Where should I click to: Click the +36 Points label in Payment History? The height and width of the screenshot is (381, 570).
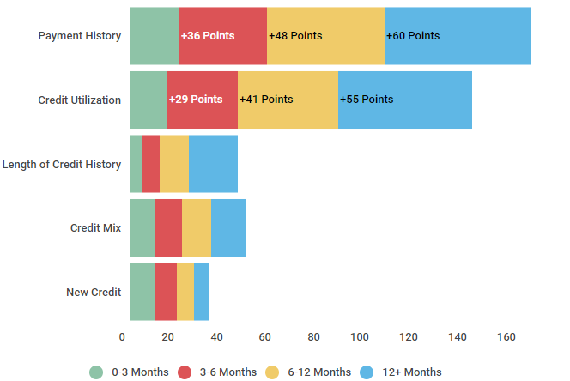(207, 36)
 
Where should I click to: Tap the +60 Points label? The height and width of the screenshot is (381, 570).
(413, 36)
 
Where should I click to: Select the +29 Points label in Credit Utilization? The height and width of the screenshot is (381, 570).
(196, 100)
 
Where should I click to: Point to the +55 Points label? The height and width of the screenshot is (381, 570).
(367, 100)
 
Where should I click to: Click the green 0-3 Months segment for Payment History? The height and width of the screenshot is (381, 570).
(155, 36)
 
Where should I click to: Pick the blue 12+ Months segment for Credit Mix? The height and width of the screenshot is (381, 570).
(228, 227)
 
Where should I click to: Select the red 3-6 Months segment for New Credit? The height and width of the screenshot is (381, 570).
(166, 292)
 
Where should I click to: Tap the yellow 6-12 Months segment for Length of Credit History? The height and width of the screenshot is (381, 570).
(174, 164)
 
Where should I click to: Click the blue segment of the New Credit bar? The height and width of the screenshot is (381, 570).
(201, 292)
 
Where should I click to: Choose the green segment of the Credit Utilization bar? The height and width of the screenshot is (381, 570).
(149, 100)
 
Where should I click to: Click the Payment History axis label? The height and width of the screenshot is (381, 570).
(80, 36)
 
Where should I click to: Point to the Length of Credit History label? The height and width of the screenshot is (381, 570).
(62, 164)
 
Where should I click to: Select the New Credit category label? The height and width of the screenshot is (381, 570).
(94, 292)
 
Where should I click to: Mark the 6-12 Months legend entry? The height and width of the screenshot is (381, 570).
(308, 372)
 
